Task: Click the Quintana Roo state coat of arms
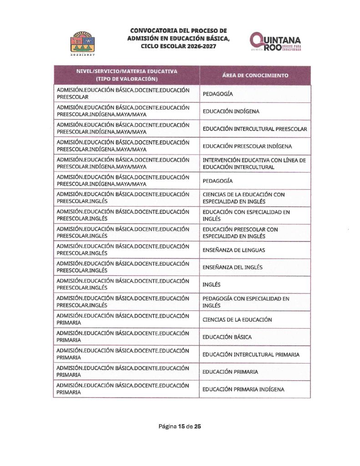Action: tap(82, 42)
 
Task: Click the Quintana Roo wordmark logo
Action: tap(275, 41)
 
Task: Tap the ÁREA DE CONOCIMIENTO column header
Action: tap(255, 76)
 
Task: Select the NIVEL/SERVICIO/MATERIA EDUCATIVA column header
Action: tap(127, 75)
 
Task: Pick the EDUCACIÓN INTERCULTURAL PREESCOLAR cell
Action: tap(255, 129)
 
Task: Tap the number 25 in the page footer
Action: tap(197, 426)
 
